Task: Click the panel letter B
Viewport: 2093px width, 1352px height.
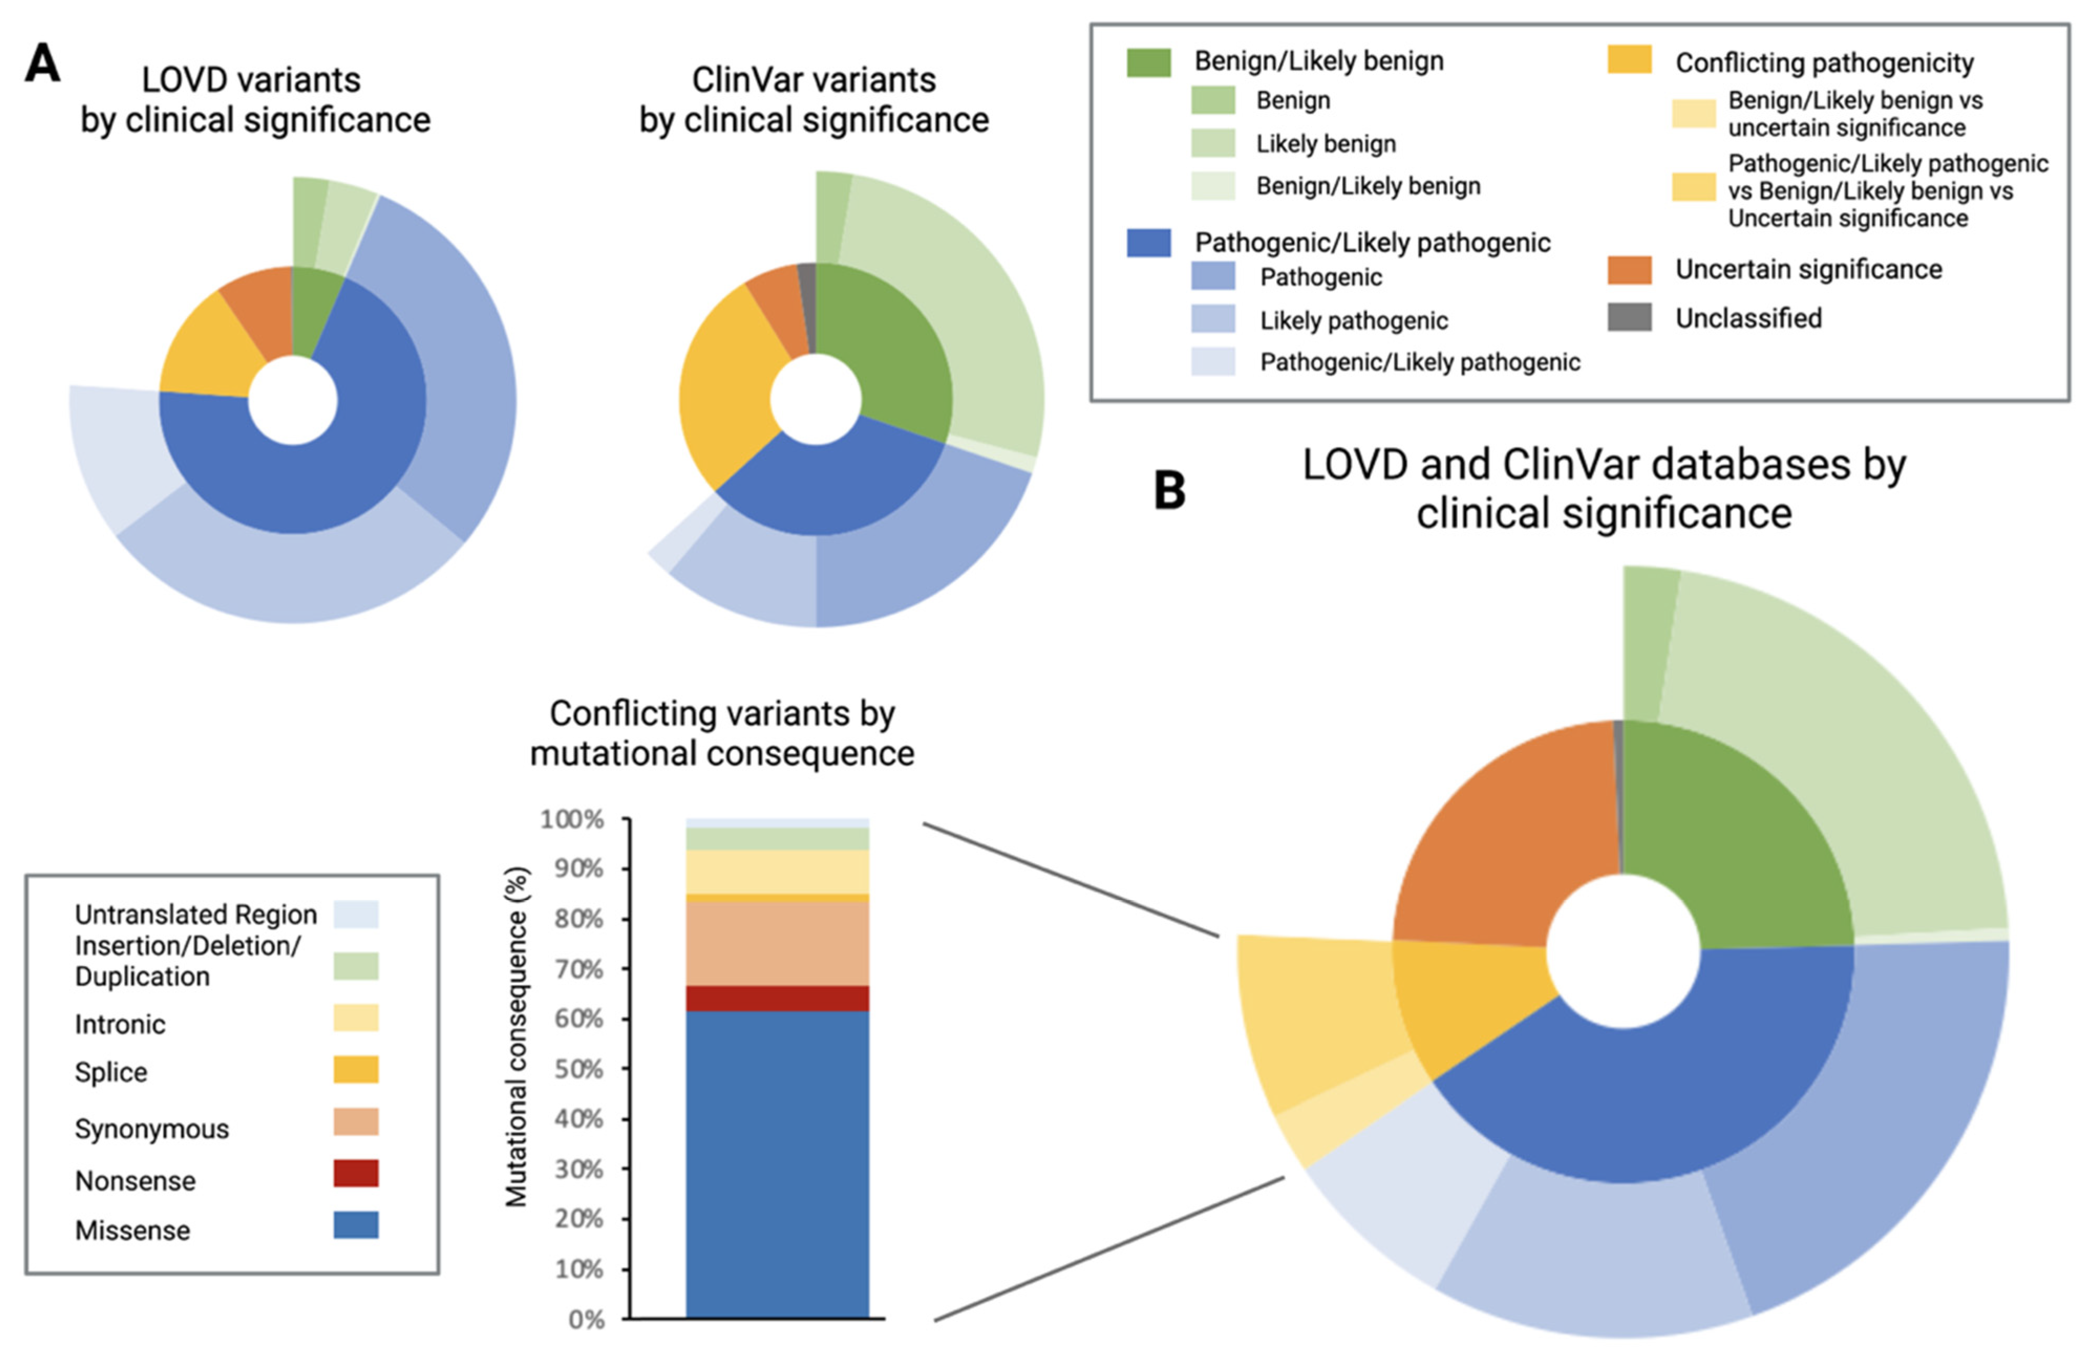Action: pyautogui.click(x=1169, y=491)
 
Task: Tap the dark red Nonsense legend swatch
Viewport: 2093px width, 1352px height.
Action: pyautogui.click(x=356, y=1173)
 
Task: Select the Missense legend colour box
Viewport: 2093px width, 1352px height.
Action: pyautogui.click(x=356, y=1225)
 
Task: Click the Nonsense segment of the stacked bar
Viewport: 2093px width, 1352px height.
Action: pyautogui.click(x=777, y=998)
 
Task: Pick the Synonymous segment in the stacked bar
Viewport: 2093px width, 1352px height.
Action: pyautogui.click(x=777, y=944)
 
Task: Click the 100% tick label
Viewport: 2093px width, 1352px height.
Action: pyautogui.click(x=572, y=820)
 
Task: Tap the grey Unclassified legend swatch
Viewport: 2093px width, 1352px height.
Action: pyautogui.click(x=1629, y=317)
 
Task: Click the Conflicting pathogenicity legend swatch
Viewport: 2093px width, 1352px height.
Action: pyautogui.click(x=1629, y=60)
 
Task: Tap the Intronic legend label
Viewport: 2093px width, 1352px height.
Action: pyautogui.click(x=120, y=1024)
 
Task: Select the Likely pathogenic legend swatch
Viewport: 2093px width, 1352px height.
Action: pyautogui.click(x=1212, y=319)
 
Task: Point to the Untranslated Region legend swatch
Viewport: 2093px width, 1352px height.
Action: pyautogui.click(x=356, y=914)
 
